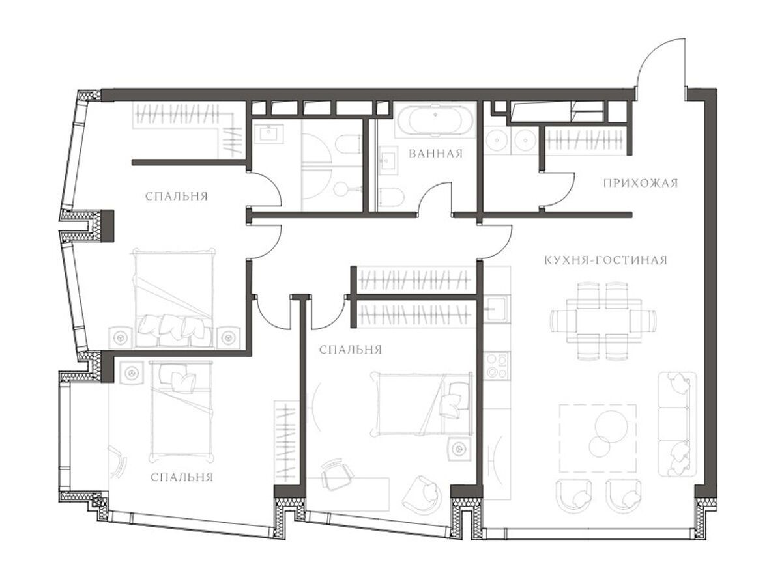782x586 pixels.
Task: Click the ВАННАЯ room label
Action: pos(435,154)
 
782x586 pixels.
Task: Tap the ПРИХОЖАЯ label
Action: pos(641,183)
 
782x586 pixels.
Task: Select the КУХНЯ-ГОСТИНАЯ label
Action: pos(605,260)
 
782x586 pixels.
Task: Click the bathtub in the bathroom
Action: pos(435,120)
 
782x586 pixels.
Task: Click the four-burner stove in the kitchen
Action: pos(497,366)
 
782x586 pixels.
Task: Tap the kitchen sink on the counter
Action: pos(497,309)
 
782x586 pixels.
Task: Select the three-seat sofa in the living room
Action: pos(677,425)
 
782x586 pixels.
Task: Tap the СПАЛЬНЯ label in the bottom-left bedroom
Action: pos(182,477)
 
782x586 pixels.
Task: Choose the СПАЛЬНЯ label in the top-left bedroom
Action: pos(177,197)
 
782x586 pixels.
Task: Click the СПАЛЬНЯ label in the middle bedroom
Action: pos(350,350)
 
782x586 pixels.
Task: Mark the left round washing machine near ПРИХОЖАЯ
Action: pos(497,141)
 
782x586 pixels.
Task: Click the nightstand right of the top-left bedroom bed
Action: pos(227,337)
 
